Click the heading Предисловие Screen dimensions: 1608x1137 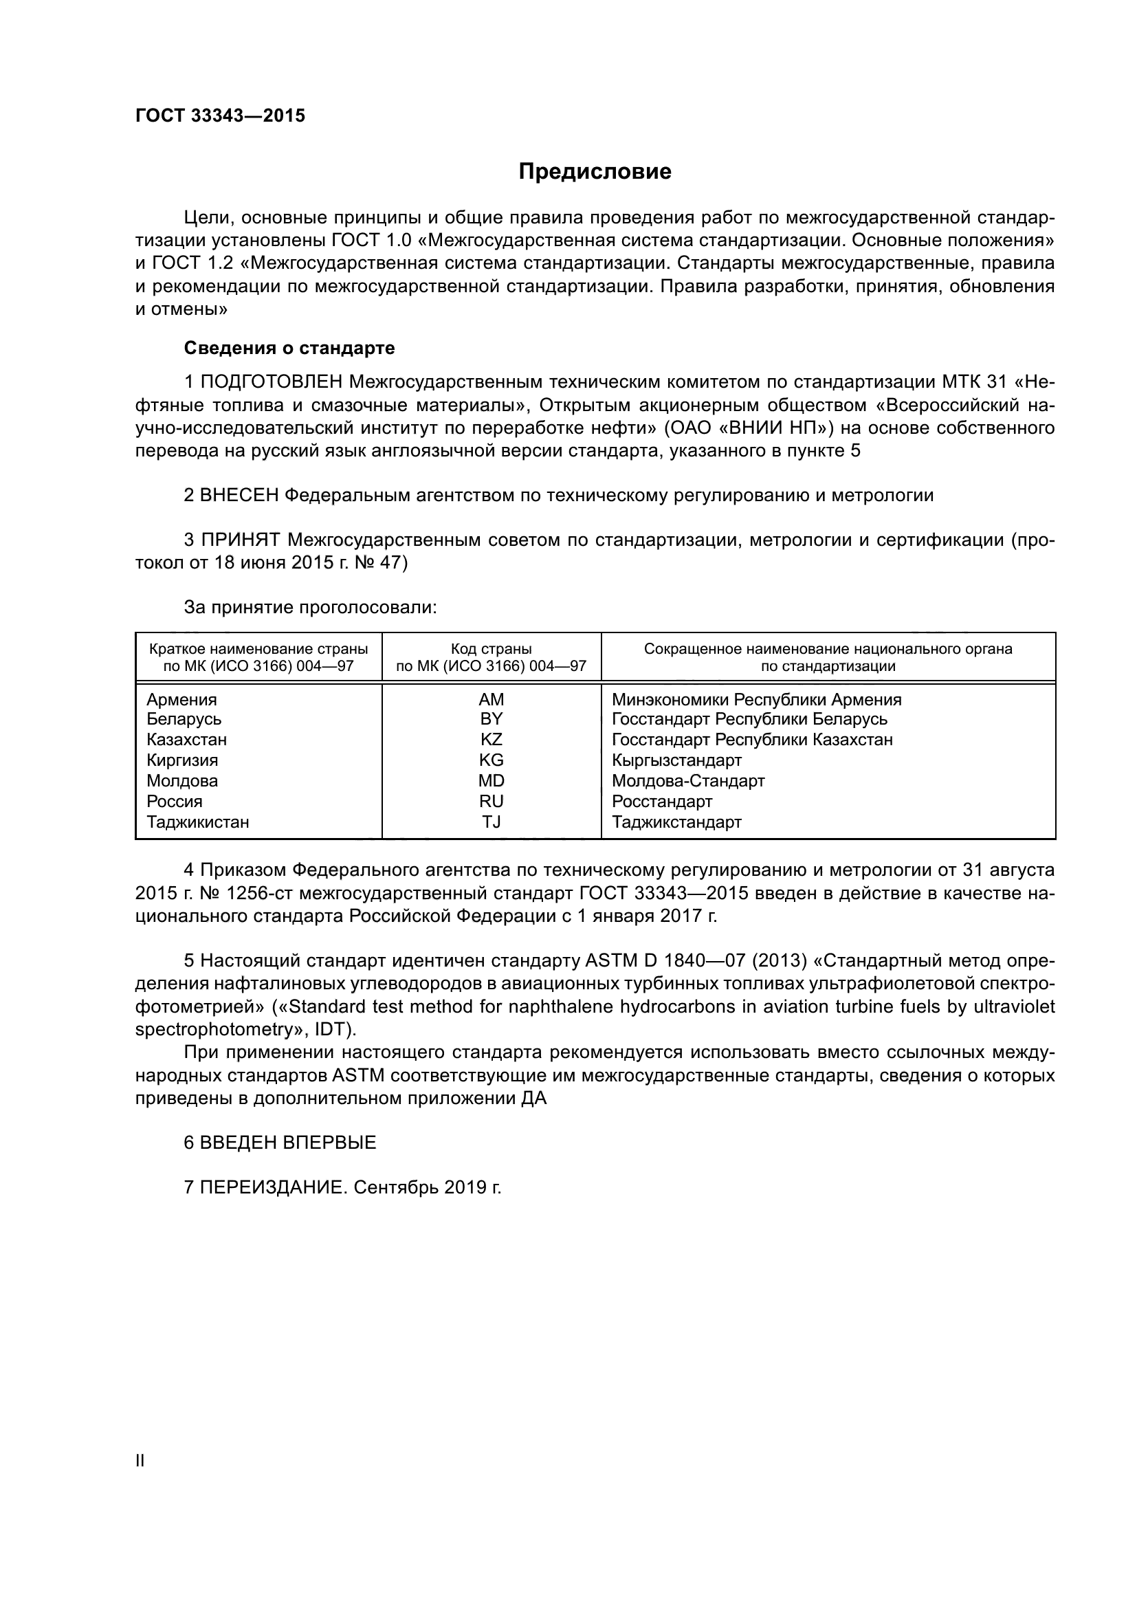(x=595, y=172)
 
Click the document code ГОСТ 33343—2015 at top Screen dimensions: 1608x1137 (x=221, y=116)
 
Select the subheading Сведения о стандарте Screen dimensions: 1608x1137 (x=289, y=348)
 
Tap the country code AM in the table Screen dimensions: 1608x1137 (x=491, y=700)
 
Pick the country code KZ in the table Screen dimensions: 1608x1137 (x=491, y=740)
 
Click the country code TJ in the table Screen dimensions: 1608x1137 (x=491, y=822)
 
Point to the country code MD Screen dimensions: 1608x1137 (x=491, y=781)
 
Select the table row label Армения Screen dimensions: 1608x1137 (x=181, y=700)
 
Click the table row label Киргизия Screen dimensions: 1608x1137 (x=182, y=760)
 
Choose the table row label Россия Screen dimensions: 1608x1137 (x=175, y=801)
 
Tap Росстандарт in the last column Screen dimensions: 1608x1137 (x=661, y=801)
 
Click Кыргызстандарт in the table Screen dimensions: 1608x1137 (x=676, y=760)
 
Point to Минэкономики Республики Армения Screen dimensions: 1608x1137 (x=756, y=700)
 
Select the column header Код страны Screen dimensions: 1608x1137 (x=491, y=649)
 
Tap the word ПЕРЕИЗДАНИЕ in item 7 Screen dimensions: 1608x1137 (x=273, y=1188)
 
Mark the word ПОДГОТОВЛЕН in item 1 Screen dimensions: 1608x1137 (x=272, y=382)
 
